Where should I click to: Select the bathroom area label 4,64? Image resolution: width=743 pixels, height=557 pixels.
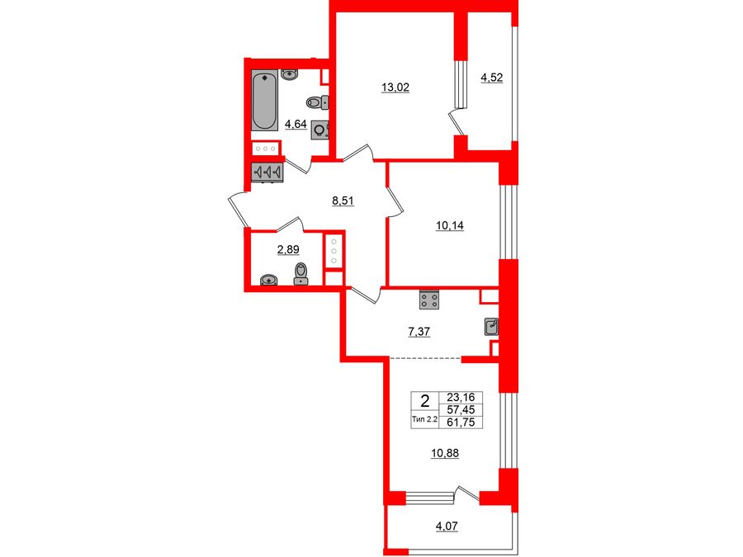[295, 125]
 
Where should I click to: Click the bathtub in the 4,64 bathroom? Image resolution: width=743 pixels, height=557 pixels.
[265, 101]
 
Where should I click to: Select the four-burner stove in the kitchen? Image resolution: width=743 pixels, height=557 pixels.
[428, 300]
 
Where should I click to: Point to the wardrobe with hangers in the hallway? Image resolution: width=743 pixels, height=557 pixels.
[267, 172]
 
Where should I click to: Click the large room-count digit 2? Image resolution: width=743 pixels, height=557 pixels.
[424, 402]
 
